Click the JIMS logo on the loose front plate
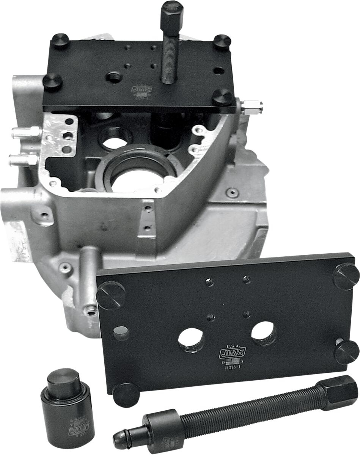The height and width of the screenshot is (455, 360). [x=232, y=353]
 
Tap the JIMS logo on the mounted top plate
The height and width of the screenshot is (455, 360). [x=142, y=89]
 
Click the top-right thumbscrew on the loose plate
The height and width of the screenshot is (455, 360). [x=346, y=276]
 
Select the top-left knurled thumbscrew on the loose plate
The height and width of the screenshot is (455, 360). [x=110, y=295]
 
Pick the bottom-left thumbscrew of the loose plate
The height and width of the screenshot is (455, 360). [x=126, y=394]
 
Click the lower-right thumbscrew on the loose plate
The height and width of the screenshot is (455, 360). [x=346, y=352]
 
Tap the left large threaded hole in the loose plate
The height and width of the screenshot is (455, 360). [x=191, y=339]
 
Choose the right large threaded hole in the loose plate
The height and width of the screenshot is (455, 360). [x=263, y=333]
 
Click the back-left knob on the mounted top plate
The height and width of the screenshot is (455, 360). [x=60, y=40]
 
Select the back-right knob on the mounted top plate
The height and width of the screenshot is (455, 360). [x=222, y=42]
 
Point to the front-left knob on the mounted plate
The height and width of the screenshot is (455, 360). [x=53, y=82]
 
